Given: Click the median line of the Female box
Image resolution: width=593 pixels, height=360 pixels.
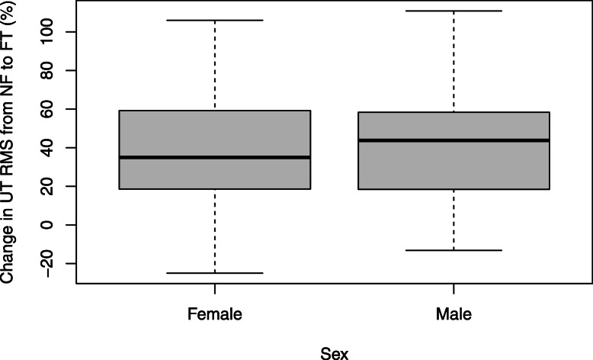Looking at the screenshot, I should click(x=215, y=157).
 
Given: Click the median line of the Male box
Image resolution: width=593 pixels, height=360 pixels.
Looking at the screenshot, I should click(x=454, y=140).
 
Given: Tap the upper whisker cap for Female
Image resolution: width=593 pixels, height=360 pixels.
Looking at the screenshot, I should click(x=215, y=20).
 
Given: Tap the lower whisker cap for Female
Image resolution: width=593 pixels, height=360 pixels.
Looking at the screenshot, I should click(x=215, y=273).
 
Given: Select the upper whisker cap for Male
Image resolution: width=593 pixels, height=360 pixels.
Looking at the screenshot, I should click(x=454, y=11).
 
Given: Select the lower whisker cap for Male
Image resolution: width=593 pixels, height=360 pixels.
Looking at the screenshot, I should click(x=454, y=250).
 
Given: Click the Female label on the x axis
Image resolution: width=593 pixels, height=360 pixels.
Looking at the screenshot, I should click(x=215, y=313).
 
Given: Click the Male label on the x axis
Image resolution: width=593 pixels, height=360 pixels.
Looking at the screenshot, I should click(x=454, y=313).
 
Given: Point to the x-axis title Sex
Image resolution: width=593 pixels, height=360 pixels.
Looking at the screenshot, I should click(x=335, y=352).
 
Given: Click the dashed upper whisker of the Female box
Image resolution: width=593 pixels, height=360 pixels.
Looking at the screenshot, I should click(x=215, y=65).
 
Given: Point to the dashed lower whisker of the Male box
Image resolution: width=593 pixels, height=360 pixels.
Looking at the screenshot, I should click(x=454, y=220).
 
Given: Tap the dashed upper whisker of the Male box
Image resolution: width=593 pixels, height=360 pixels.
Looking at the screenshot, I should click(x=454, y=61).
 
